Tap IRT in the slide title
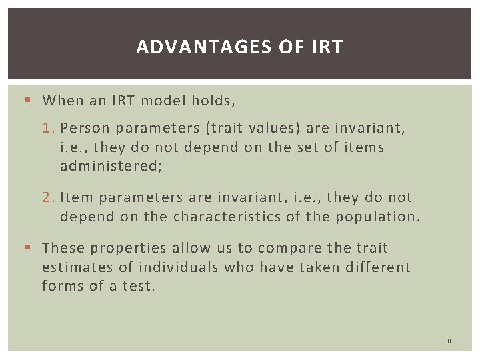coord(326,47)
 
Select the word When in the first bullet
coord(63,101)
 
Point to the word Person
coord(84,128)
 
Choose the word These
coord(64,248)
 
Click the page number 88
coord(447,341)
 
